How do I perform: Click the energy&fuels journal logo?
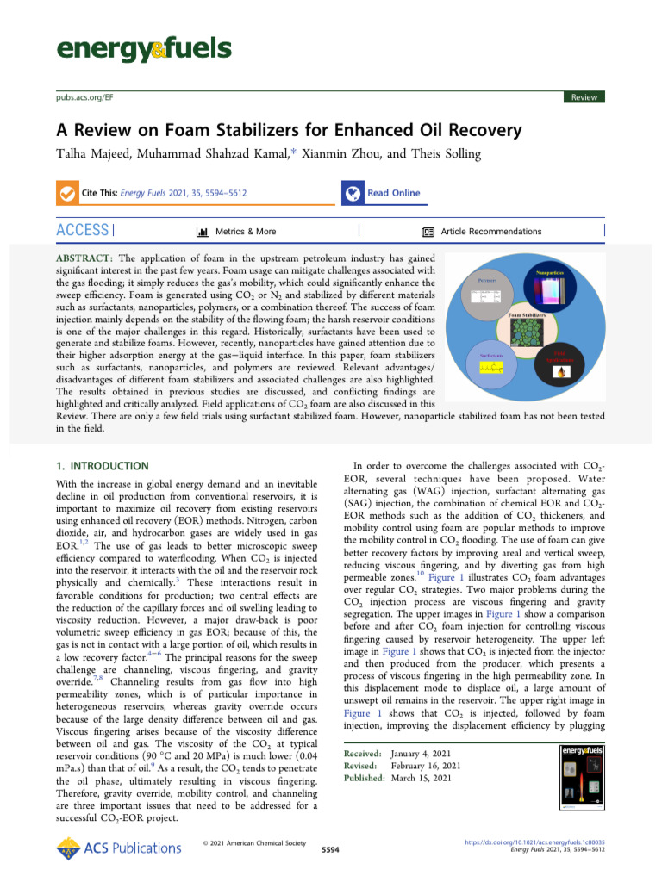[144, 50]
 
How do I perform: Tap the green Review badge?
[584, 97]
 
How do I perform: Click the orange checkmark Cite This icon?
[66, 193]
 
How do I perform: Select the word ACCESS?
[83, 230]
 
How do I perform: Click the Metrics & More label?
[246, 231]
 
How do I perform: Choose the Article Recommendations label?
[490, 231]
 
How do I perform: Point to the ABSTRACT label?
[85, 258]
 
